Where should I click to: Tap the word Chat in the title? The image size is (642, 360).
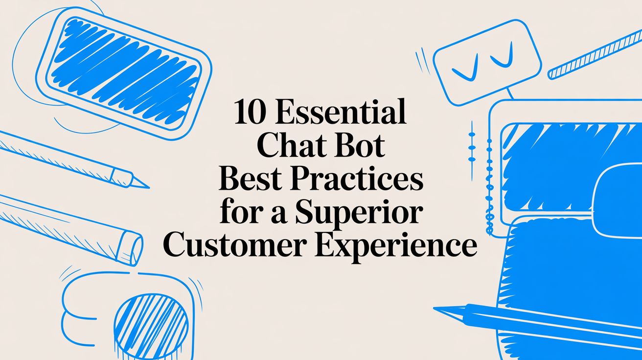292,146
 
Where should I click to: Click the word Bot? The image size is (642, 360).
363,146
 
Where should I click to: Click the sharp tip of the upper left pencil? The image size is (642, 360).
146,186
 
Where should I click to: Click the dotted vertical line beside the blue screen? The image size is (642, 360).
488,186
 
